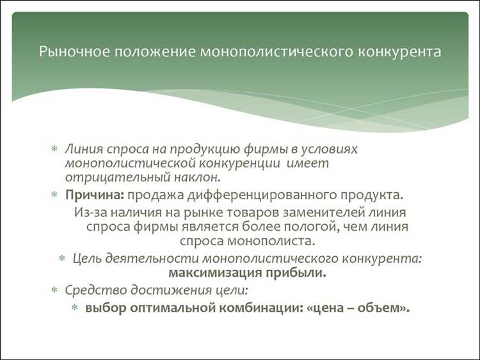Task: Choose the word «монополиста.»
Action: tap(276, 241)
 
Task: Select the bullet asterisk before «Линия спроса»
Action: tap(54, 149)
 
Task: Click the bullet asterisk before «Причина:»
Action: tap(54, 195)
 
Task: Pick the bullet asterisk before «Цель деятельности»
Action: tap(62, 259)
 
